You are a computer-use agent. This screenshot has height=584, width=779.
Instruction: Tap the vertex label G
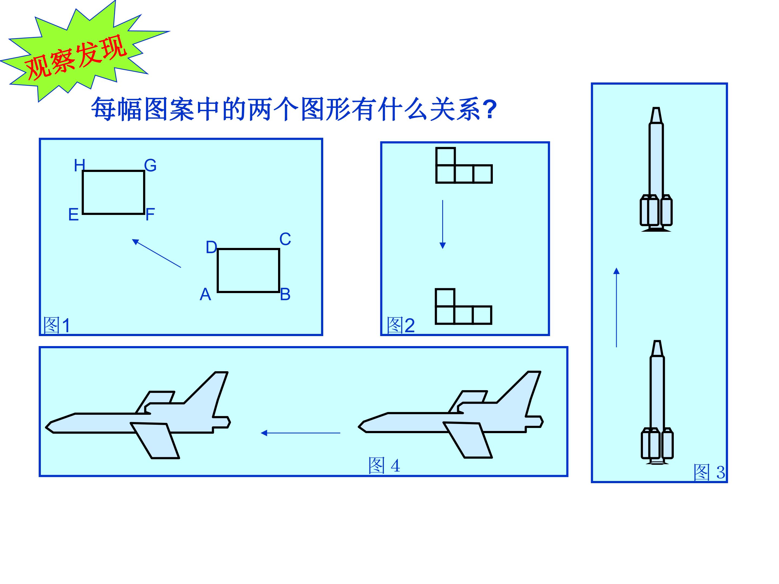click(150, 165)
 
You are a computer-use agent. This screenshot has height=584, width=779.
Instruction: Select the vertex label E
click(73, 214)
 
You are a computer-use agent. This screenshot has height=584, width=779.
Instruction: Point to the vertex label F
click(150, 214)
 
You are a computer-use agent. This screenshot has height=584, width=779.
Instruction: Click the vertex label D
click(211, 247)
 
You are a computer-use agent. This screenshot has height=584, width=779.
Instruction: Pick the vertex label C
click(285, 239)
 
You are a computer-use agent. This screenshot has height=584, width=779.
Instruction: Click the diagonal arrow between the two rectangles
click(156, 253)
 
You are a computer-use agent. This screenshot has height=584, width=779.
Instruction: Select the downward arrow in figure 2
click(443, 225)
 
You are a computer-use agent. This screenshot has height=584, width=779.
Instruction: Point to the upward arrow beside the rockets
click(616, 307)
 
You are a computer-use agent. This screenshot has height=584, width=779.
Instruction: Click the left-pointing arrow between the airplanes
click(301, 433)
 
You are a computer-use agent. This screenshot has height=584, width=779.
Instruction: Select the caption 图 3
click(709, 472)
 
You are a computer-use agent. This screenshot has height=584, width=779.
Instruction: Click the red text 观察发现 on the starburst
click(76, 57)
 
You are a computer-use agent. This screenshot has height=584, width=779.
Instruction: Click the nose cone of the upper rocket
click(656, 115)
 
